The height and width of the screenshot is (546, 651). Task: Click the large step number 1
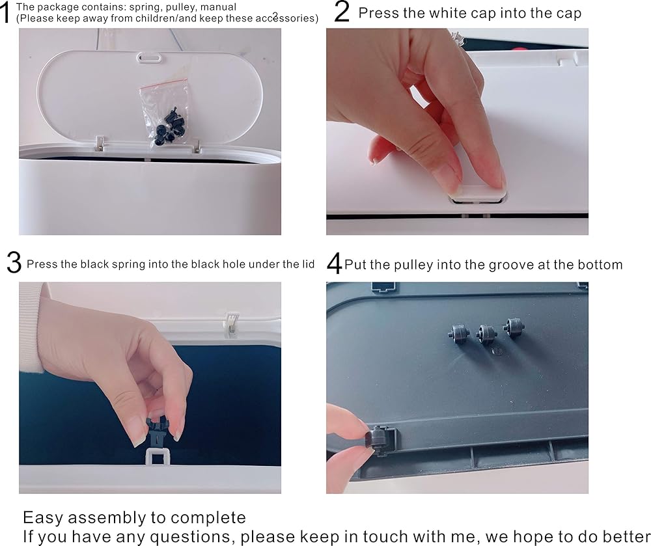click(5, 13)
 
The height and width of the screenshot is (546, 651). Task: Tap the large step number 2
click(342, 12)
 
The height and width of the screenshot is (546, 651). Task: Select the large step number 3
click(14, 263)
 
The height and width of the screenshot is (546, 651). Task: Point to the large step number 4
click(334, 264)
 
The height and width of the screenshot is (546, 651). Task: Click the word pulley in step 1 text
click(180, 7)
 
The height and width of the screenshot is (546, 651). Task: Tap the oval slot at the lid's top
click(150, 57)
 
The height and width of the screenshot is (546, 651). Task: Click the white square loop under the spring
click(158, 456)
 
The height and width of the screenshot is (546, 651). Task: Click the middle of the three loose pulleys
click(486, 334)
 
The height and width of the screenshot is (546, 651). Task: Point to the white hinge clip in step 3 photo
click(231, 323)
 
